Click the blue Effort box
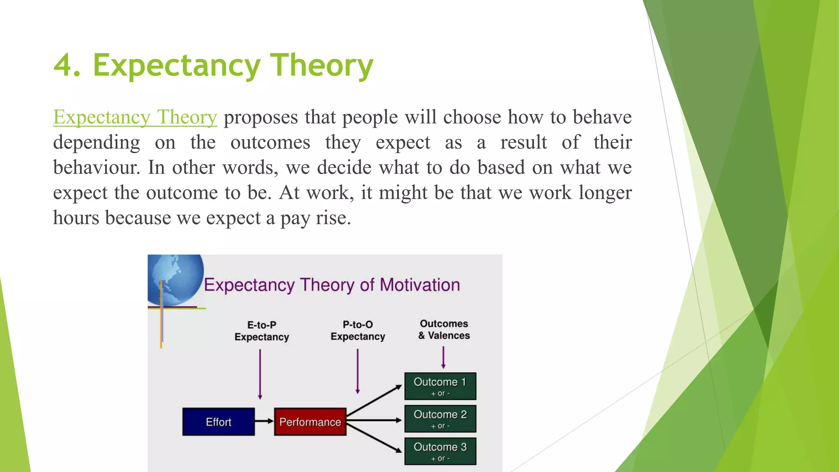(x=218, y=422)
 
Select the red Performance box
(x=310, y=422)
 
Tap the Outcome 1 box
(x=440, y=386)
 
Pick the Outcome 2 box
(x=440, y=419)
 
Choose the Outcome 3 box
(x=440, y=451)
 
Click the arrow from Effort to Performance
(x=264, y=421)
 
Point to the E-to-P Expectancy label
(x=262, y=331)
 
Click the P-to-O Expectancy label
(x=358, y=331)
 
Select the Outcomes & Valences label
(x=444, y=330)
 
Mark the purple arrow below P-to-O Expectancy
(x=358, y=371)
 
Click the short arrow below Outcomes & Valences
(x=443, y=357)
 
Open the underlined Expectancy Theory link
(x=135, y=118)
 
